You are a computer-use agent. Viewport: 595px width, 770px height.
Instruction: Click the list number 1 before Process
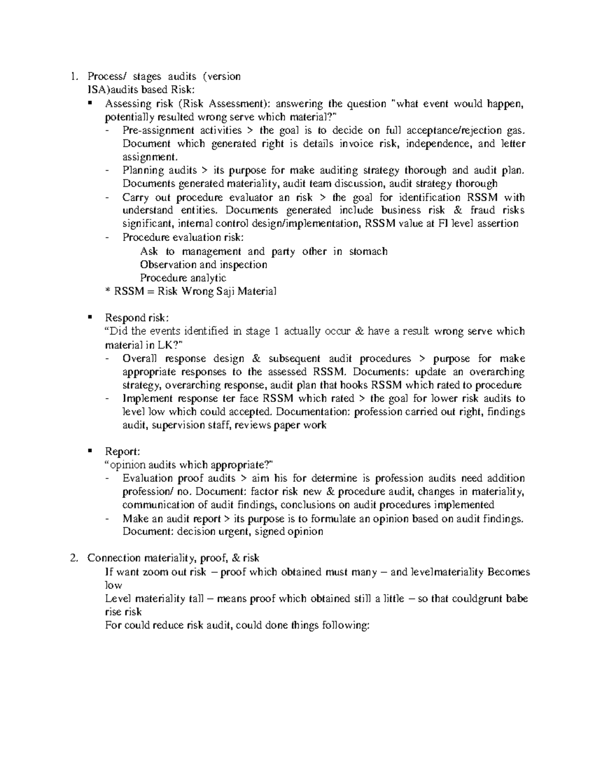coord(73,76)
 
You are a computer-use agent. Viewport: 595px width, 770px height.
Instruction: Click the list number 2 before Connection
coord(73,558)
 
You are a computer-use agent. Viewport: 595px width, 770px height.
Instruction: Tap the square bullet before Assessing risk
coord(90,103)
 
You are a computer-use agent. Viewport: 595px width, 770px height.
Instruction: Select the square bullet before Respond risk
coord(90,317)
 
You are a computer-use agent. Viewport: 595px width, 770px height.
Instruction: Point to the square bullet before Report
coord(90,451)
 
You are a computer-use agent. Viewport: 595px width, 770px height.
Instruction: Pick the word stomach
coord(368,251)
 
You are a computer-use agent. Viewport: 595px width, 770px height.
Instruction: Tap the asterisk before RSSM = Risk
coord(108,292)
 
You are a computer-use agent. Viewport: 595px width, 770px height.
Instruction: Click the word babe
coord(516,598)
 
